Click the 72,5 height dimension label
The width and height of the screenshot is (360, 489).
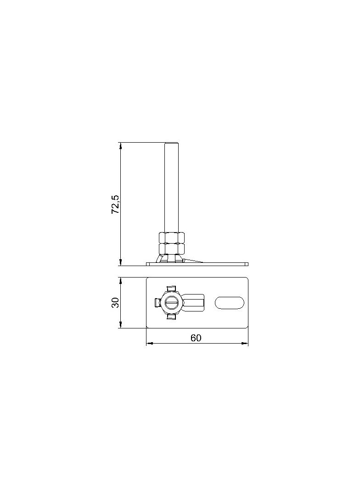pos(115,204)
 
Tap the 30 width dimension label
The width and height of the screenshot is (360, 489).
pos(116,302)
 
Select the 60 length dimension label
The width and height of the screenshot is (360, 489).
pos(196,338)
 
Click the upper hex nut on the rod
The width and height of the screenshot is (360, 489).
pos(172,238)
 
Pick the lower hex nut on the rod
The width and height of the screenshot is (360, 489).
pos(172,249)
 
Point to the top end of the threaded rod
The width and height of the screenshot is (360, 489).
pos(171,143)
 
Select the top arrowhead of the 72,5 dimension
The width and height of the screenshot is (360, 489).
pos(120,146)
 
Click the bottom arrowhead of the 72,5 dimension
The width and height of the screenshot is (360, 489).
pos(120,262)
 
